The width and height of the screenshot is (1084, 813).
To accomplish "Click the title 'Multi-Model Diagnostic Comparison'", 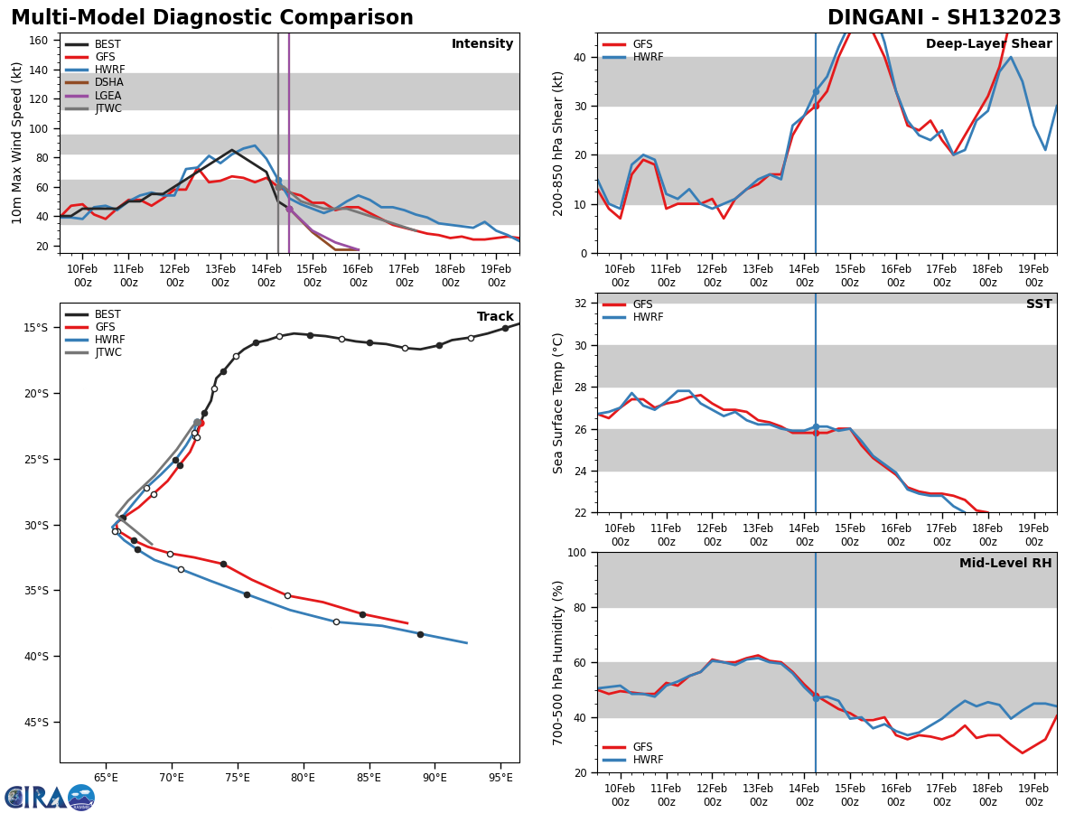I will [x=212, y=18].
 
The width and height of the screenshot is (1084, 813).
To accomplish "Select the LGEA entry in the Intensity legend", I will [x=107, y=96].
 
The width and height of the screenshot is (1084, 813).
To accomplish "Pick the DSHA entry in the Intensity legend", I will [x=108, y=82].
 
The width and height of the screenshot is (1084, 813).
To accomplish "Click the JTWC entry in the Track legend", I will [x=107, y=352].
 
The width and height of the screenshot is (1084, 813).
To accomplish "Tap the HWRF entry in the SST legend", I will [x=648, y=317].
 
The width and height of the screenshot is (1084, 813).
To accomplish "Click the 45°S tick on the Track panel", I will [x=37, y=722].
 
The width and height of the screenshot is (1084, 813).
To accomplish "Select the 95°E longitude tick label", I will [x=500, y=777].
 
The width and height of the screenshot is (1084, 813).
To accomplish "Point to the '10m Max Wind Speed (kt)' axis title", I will [x=17, y=143].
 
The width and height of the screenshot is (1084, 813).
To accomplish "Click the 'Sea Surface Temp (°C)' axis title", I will [x=558, y=403].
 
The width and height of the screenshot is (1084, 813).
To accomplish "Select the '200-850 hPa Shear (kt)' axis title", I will [x=558, y=143].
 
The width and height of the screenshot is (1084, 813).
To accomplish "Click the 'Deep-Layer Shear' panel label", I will [x=988, y=44].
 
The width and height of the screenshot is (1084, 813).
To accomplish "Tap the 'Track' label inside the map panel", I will [x=494, y=317].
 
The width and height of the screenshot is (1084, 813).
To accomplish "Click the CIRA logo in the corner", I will [x=50, y=797].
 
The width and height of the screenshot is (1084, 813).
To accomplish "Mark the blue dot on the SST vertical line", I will [x=816, y=427].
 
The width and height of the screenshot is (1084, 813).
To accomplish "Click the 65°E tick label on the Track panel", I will [x=106, y=777].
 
